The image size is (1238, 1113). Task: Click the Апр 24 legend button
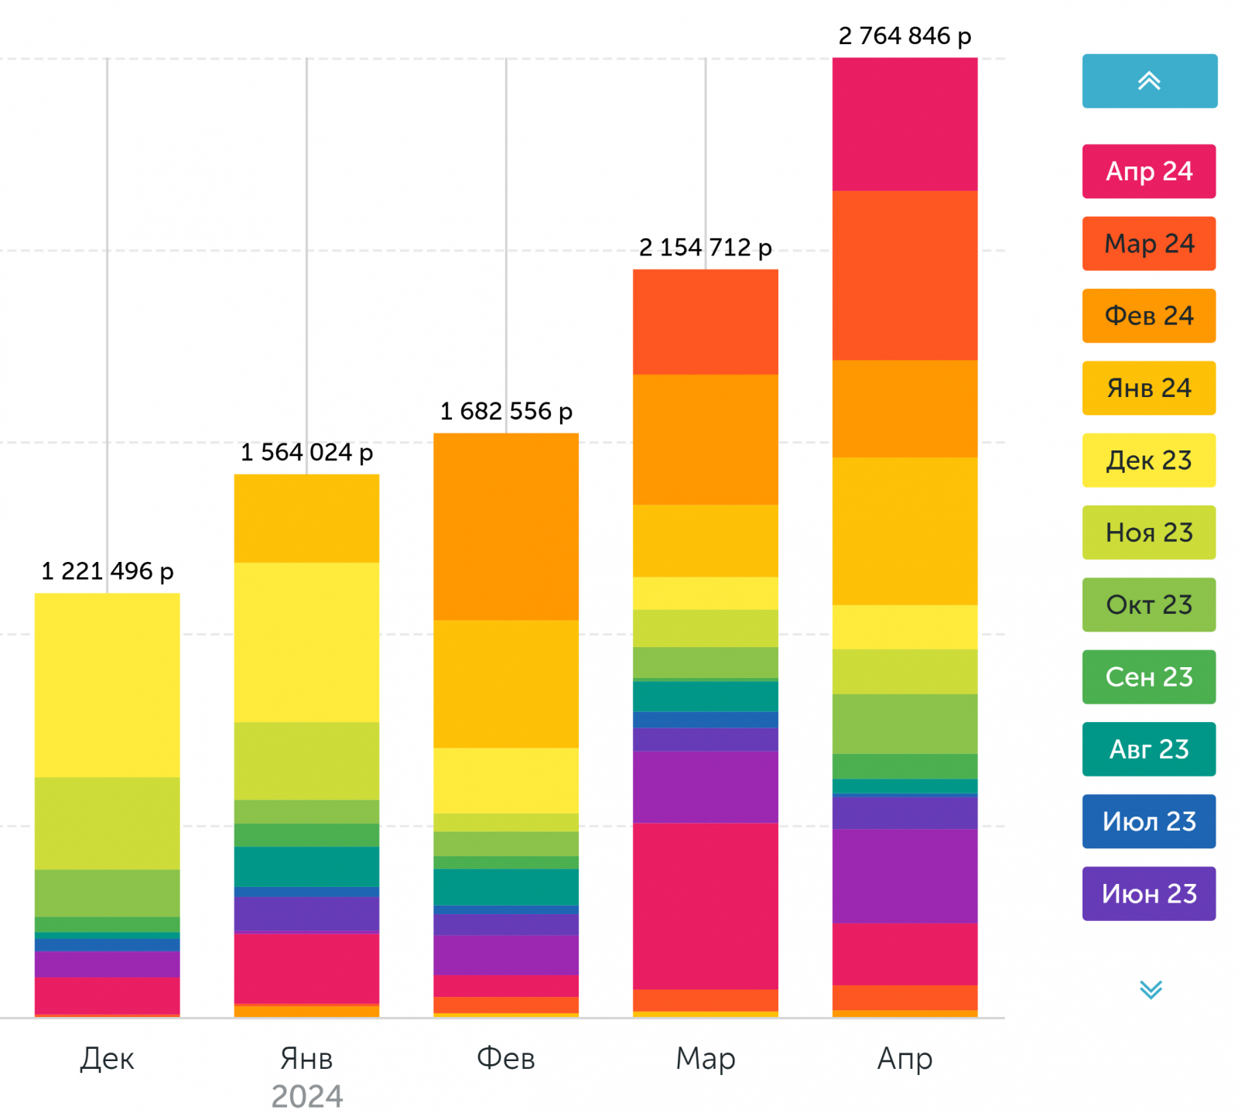pos(1148,171)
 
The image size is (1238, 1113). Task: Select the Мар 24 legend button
pos(1148,244)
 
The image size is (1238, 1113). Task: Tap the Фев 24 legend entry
pos(1148,316)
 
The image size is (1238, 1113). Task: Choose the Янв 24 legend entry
pos(1148,388)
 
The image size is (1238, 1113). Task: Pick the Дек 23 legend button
pos(1148,461)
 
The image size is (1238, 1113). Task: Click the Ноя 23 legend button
pos(1148,533)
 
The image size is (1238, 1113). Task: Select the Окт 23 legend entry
pos(1148,604)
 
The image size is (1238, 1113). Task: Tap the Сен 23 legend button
pos(1148,677)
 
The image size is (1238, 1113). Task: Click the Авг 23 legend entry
pos(1148,749)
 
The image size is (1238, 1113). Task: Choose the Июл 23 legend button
pos(1148,821)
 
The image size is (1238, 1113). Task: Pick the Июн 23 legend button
pos(1148,894)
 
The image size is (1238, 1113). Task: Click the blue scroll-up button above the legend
pos(1149,81)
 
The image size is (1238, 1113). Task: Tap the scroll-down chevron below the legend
pos(1151,989)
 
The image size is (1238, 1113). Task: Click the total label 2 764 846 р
pos(905,36)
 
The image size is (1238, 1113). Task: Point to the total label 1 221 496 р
pos(107,571)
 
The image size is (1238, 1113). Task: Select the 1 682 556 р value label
pos(506,411)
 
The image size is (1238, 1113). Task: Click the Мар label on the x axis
pos(705,1058)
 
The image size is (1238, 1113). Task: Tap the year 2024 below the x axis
pos(306,1096)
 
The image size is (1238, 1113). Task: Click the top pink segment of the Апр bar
pos(905,124)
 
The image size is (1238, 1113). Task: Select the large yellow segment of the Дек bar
pos(107,685)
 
